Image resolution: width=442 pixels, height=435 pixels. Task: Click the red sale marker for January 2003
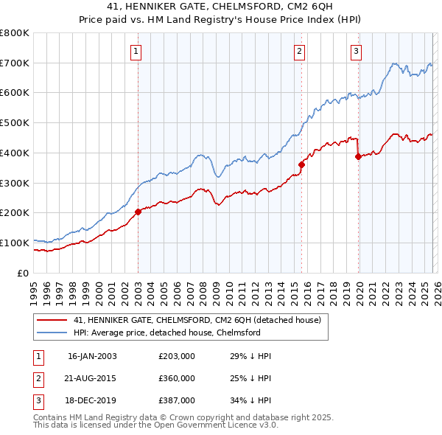(138, 212)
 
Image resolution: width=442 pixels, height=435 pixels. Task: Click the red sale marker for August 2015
(301, 164)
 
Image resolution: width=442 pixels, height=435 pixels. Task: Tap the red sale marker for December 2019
(358, 156)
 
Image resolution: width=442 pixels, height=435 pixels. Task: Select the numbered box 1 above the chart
(137, 51)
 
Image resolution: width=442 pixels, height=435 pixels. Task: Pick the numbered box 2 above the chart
(300, 51)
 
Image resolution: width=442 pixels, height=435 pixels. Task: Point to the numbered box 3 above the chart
(356, 51)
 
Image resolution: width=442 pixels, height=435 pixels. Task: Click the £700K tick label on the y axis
(15, 63)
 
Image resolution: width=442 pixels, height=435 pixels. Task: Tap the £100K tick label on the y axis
(15, 243)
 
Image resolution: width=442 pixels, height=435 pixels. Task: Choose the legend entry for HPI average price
(167, 333)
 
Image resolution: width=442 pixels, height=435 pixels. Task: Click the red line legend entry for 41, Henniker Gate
(197, 321)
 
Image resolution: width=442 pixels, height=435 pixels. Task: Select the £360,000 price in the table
(177, 377)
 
